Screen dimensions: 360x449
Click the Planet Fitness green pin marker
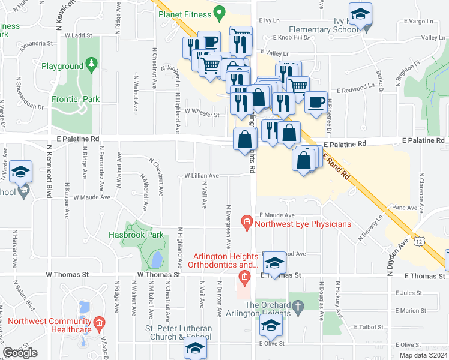[x=219, y=12]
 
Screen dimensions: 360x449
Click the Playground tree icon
[x=91, y=63]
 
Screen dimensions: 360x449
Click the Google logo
[x=20, y=353]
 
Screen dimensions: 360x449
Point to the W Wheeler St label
[x=202, y=111]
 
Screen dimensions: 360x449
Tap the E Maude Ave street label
[x=277, y=215]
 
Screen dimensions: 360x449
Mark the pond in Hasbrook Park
[x=155, y=260]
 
